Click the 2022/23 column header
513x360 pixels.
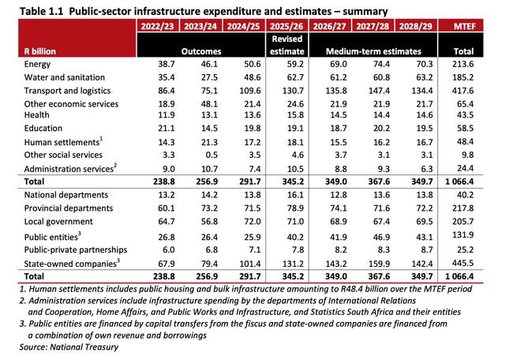[x=156, y=26]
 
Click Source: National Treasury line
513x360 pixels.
[x=49, y=347]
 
